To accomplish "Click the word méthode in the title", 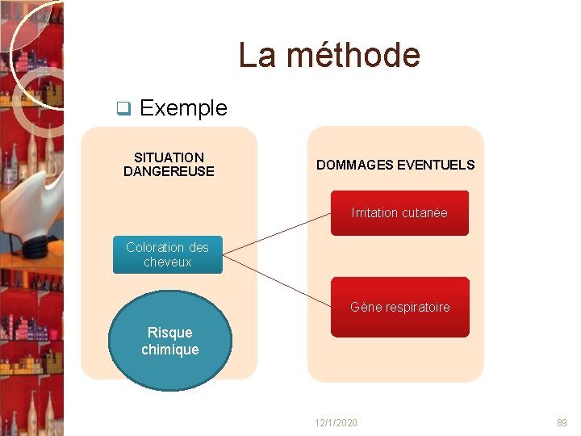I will click(353, 55).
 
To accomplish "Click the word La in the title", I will click(257, 55).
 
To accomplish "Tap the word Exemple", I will click(183, 107).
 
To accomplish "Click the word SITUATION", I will click(169, 157).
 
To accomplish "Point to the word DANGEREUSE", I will click(169, 171).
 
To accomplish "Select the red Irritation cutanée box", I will click(399, 213).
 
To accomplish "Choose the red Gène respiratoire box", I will click(399, 307).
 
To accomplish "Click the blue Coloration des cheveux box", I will click(167, 254).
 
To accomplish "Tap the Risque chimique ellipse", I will click(169, 341).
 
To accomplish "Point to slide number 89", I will click(562, 423).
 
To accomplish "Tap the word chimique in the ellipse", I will click(169, 350).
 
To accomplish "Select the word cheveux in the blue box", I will click(167, 262).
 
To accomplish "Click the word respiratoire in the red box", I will click(417, 307).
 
